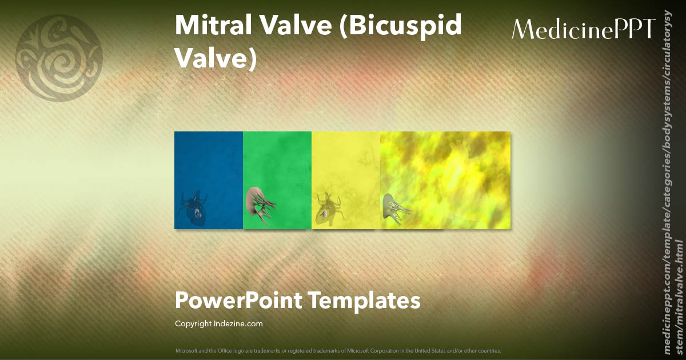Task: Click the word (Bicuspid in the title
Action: pos(401,26)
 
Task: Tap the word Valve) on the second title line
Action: pos(216,57)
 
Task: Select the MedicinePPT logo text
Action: pos(583,29)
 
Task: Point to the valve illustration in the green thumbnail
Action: pos(261,203)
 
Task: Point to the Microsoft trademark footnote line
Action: pos(338,350)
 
